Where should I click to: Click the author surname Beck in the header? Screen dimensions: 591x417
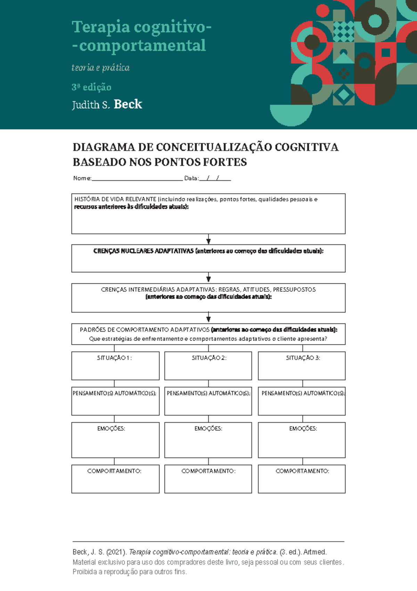128,104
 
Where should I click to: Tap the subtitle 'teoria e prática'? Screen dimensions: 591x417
100,68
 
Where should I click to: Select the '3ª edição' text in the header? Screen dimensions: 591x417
91,87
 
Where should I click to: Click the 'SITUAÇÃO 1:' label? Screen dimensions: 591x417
114,358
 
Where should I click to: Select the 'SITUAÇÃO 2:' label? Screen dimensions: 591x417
209,358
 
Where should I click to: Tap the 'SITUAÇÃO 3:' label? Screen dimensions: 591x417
303,358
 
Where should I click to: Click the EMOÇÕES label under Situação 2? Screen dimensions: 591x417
208,429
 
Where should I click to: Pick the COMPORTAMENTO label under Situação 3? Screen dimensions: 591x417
302,471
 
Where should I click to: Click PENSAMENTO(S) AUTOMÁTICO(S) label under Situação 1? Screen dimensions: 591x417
114,393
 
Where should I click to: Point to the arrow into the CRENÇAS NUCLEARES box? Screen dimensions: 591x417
208,240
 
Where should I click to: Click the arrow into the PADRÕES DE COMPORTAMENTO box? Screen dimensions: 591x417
208,318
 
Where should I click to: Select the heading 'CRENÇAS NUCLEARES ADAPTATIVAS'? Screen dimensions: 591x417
143,251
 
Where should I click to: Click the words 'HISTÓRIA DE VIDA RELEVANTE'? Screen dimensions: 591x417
115,199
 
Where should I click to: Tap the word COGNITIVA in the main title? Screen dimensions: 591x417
306,147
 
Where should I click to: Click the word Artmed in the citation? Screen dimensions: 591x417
315,552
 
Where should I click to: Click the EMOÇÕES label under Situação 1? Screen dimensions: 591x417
111,429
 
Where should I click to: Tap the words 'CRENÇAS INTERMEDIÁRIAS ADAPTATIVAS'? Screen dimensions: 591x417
158,290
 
